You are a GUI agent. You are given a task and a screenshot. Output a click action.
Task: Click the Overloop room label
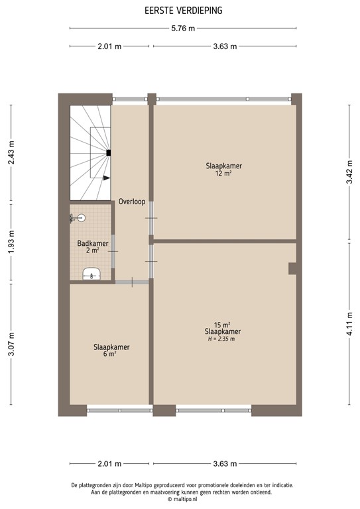132,201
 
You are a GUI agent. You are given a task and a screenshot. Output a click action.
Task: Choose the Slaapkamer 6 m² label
111,350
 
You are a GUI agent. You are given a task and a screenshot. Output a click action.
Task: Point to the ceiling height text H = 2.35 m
222,339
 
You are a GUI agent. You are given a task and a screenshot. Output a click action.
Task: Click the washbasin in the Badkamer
91,274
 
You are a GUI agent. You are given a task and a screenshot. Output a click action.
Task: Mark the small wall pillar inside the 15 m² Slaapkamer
292,268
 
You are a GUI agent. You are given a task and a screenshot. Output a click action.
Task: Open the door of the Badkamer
114,251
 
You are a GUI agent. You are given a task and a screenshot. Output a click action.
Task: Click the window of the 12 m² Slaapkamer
223,99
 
